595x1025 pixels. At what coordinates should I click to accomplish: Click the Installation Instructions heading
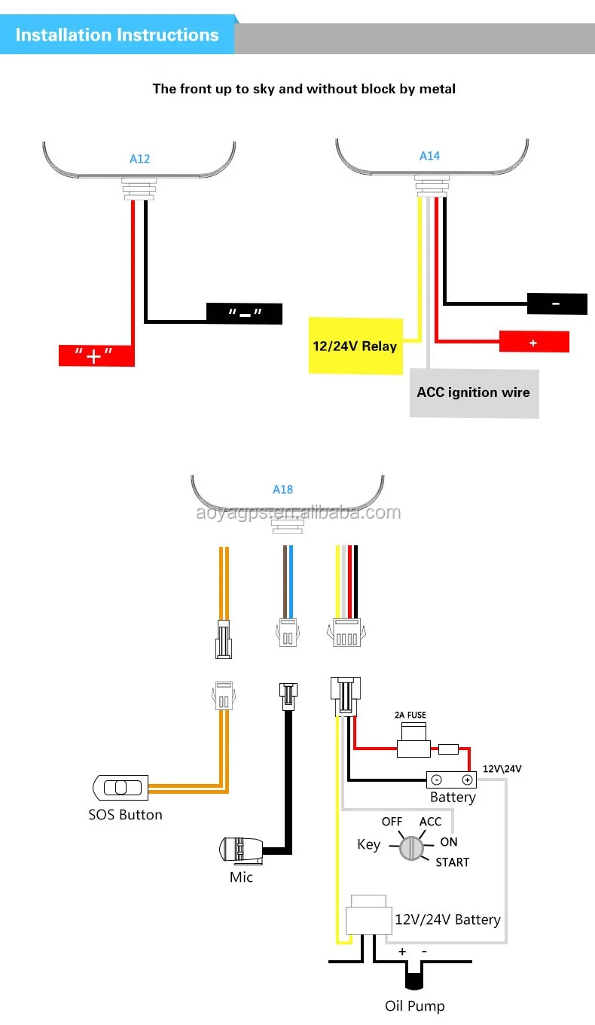[117, 35]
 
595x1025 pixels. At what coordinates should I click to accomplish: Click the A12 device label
[139, 158]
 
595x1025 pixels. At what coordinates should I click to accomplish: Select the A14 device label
[429, 156]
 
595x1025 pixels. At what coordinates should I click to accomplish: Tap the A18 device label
[282, 490]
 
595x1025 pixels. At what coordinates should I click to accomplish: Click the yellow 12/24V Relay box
[355, 346]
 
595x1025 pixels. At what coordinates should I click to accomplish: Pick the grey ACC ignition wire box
[474, 392]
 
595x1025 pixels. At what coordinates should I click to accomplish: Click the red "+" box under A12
[96, 355]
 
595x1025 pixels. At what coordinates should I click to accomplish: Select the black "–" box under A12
[244, 313]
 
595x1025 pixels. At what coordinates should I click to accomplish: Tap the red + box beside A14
[533, 342]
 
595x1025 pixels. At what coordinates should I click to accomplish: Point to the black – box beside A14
[557, 304]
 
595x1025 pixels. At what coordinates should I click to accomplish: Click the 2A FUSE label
[410, 715]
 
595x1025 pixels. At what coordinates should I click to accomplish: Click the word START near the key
[452, 862]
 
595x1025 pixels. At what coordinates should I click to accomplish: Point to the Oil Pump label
[415, 1005]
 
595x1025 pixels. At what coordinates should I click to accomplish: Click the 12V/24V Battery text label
[447, 920]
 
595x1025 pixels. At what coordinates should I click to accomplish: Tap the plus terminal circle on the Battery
[467, 779]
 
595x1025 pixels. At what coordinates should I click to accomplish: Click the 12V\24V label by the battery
[502, 769]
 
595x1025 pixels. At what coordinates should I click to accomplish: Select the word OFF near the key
[392, 822]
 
